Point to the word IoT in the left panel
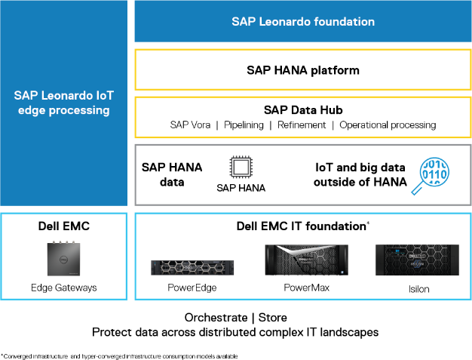click(x=103, y=96)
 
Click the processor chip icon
click(x=240, y=168)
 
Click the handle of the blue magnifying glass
click(x=416, y=189)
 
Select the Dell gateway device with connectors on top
click(x=63, y=258)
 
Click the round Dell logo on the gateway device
click(x=63, y=258)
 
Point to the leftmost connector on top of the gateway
click(x=51, y=242)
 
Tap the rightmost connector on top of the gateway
click(x=75, y=242)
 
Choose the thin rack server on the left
click(x=192, y=267)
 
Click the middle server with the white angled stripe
click(x=306, y=260)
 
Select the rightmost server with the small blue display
click(x=417, y=260)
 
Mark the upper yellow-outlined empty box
click(x=303, y=69)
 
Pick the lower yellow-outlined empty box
click(x=303, y=117)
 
